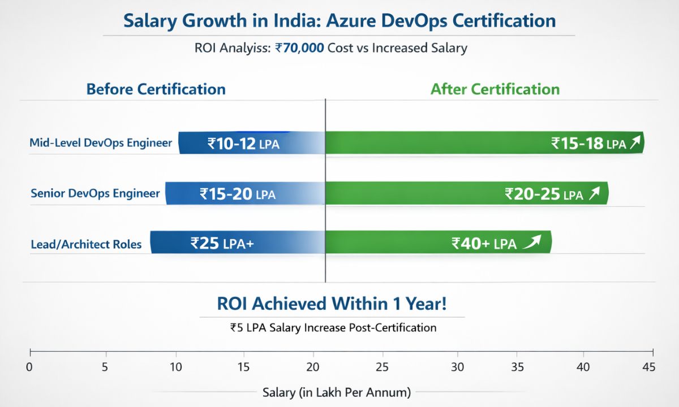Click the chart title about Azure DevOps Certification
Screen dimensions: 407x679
pyautogui.click(x=339, y=21)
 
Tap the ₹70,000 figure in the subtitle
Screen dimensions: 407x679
pyautogui.click(x=300, y=48)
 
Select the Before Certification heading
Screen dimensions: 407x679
pyautogui.click(x=156, y=89)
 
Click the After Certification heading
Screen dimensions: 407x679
pyautogui.click(x=495, y=89)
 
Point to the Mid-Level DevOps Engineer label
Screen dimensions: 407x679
pyautogui.click(x=101, y=143)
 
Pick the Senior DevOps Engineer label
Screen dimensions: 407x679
pyautogui.click(x=95, y=194)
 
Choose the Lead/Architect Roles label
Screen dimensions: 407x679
pyautogui.click(x=86, y=245)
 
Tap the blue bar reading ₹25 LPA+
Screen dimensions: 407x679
pyautogui.click(x=238, y=243)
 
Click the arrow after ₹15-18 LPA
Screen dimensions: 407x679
pyautogui.click(x=635, y=144)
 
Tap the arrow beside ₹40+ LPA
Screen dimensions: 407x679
pyautogui.click(x=532, y=243)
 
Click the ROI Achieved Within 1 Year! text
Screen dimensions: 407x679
pyautogui.click(x=332, y=304)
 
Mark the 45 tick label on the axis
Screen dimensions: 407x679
pyautogui.click(x=649, y=367)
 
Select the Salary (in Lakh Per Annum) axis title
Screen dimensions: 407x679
pyautogui.click(x=337, y=392)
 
